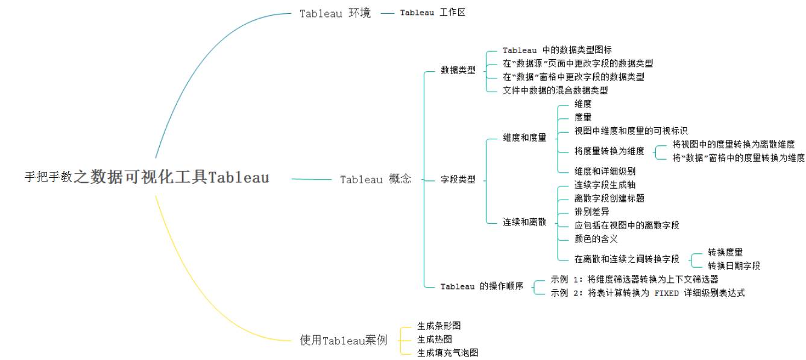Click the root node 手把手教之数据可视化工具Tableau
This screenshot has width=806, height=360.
click(x=146, y=177)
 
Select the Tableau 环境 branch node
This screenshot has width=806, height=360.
click(x=335, y=13)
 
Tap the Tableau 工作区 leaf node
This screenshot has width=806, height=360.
click(x=432, y=12)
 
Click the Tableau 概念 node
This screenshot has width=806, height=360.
click(x=376, y=179)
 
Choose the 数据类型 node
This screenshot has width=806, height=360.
click(x=458, y=70)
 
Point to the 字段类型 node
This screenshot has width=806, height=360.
click(x=458, y=179)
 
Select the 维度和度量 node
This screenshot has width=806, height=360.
click(x=524, y=137)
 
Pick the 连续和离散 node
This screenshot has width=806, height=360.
click(x=524, y=222)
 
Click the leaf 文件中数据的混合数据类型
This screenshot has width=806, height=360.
click(x=555, y=90)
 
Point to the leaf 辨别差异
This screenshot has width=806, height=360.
click(x=592, y=212)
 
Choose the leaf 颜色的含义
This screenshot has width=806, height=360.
click(x=596, y=239)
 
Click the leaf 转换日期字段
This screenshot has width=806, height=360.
click(x=734, y=265)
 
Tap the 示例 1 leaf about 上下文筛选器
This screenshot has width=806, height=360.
click(x=635, y=279)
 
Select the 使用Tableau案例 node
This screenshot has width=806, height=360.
click(x=344, y=340)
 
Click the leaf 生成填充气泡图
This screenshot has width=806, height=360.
click(x=448, y=353)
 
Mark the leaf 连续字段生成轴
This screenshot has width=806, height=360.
click(x=605, y=185)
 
